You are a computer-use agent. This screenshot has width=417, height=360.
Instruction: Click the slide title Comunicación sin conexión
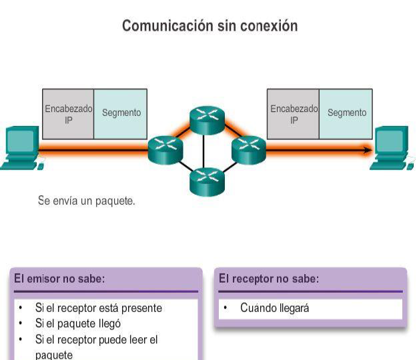(x=210, y=26)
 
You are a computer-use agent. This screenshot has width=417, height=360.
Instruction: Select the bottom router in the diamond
(x=208, y=181)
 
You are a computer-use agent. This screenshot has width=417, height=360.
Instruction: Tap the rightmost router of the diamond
(x=248, y=149)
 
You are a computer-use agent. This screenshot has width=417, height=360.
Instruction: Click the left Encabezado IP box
(x=68, y=114)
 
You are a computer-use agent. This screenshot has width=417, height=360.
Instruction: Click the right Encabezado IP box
(x=294, y=114)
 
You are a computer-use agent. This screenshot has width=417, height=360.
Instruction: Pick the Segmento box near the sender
(x=121, y=113)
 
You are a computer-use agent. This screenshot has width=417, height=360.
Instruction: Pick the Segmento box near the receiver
(x=346, y=113)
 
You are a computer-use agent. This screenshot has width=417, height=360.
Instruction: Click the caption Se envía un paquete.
(x=87, y=200)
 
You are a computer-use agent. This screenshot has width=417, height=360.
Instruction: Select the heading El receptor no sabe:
(x=269, y=279)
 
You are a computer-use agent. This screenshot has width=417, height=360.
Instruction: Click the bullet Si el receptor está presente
(x=98, y=308)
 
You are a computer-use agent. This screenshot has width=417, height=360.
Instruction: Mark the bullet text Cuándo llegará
(x=274, y=308)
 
